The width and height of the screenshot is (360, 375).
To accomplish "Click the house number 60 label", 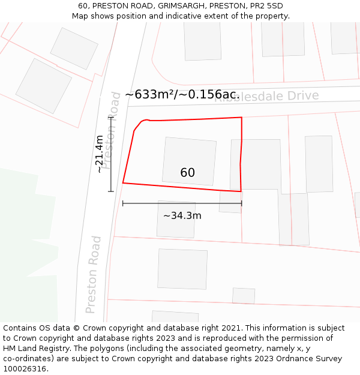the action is point(187,173).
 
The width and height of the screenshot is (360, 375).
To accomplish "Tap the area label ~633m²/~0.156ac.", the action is point(182,95).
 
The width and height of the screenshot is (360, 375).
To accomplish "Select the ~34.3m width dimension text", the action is point(182,215).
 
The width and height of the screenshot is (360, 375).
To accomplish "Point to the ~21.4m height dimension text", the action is point(100,154).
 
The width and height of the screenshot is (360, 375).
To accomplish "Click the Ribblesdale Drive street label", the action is point(266,97).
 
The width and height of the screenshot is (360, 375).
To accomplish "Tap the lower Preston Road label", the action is point(93,274).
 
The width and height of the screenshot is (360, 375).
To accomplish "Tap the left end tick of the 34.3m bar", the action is point(123,203).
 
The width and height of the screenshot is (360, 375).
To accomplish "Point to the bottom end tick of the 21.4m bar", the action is point(111,191).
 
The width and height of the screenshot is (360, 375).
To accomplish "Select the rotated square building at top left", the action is point(43,86).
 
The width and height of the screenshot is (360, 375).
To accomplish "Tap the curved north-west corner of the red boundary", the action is point(142,122).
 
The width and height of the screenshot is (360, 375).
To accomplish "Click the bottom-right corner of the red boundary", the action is point(241,191).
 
